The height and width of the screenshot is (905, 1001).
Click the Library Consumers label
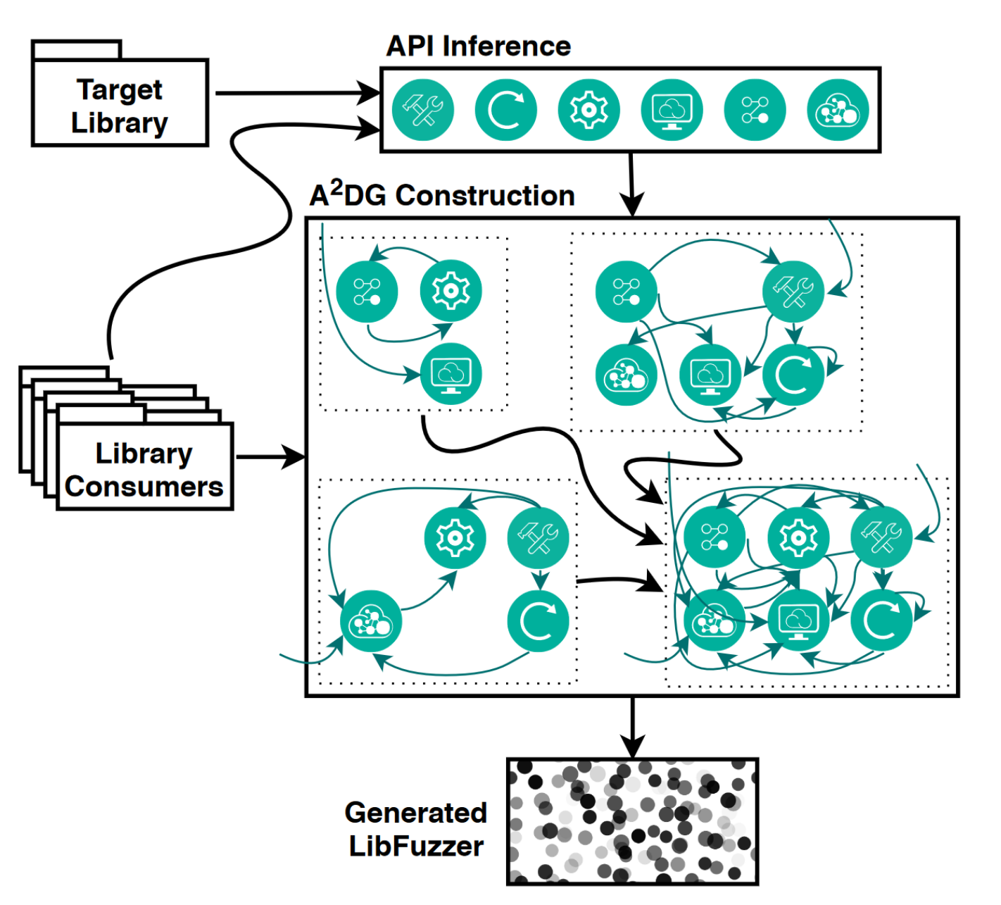click(x=144, y=470)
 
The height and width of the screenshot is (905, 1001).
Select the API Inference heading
click(x=479, y=46)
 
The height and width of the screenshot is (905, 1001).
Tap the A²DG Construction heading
click(x=442, y=195)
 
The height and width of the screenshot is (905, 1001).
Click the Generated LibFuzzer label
click(x=416, y=829)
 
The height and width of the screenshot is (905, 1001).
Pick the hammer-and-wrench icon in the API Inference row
click(x=422, y=110)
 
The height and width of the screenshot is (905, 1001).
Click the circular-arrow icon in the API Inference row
click(x=505, y=110)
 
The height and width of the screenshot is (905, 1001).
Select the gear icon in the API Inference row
click(x=588, y=110)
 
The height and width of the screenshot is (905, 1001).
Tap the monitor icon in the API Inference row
click(x=672, y=110)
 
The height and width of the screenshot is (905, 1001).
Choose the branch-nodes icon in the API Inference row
click(x=755, y=110)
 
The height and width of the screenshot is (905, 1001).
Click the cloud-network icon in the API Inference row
click(x=838, y=110)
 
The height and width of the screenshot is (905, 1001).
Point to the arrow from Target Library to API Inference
click(x=296, y=92)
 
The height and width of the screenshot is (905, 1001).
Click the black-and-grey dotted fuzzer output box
click(x=632, y=821)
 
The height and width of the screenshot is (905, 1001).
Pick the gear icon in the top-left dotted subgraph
click(x=451, y=291)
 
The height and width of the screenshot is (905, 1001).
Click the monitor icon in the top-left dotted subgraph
click(x=451, y=373)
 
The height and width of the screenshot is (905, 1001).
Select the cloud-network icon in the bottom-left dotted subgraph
click(x=371, y=621)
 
